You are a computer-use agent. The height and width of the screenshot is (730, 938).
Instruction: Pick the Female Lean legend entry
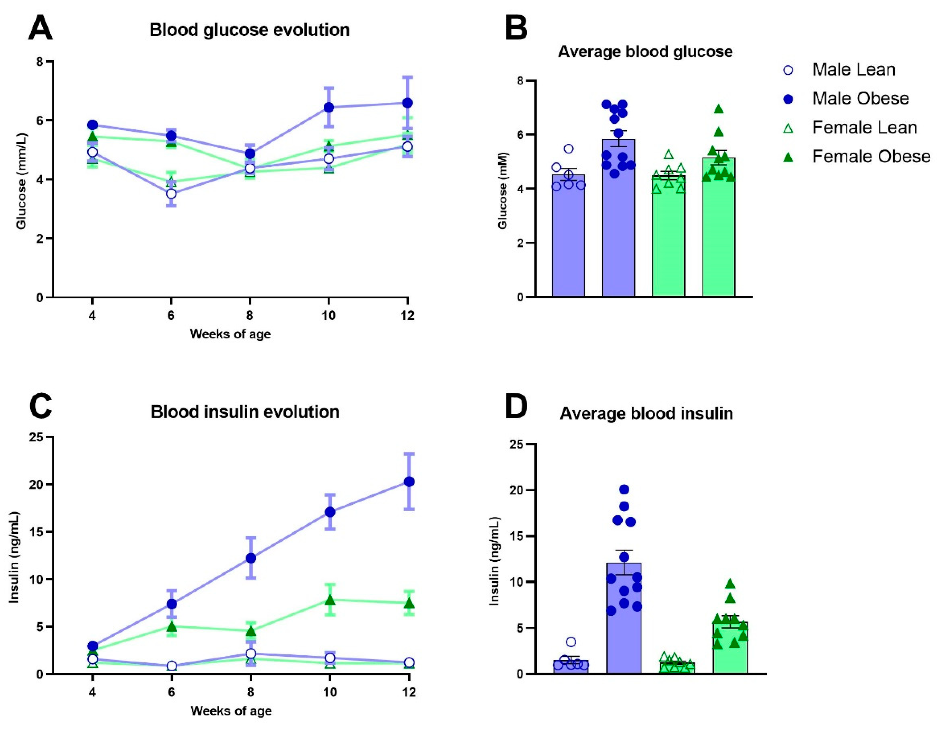tap(864, 128)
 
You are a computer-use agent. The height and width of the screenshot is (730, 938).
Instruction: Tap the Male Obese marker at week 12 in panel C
tap(409, 482)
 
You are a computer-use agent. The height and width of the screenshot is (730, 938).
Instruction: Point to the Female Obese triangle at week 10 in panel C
tap(330, 600)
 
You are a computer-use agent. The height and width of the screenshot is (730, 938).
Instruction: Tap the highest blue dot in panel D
tap(624, 489)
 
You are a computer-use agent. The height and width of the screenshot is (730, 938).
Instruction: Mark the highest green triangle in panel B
tap(718, 109)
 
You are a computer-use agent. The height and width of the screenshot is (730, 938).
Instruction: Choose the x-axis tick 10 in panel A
tap(329, 315)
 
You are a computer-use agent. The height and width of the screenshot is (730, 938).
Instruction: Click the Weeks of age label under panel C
tap(231, 711)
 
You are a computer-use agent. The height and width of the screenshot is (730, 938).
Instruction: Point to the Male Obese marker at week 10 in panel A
tap(329, 107)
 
